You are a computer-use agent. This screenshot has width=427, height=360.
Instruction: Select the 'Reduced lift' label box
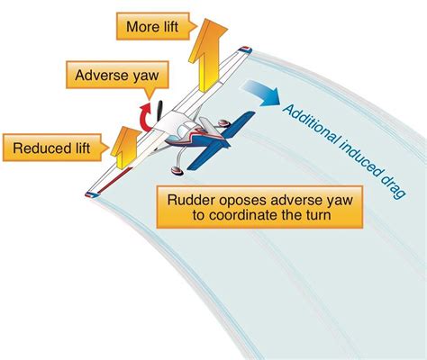[50, 147]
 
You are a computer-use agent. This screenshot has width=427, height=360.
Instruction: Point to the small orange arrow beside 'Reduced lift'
[123, 143]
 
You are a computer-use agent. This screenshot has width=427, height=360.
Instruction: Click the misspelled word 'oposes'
[236, 200]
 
